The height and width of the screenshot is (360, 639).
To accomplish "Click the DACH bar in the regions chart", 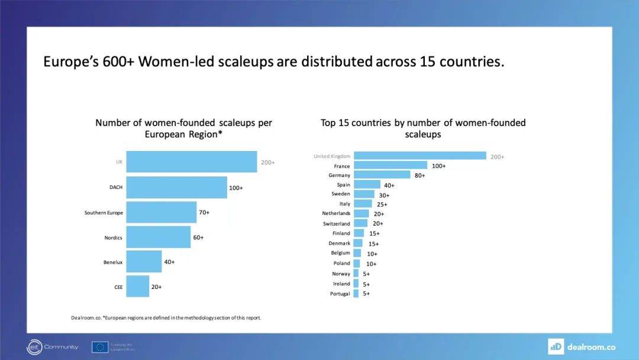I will point(176,187).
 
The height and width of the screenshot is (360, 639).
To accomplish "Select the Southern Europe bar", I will point(161,212).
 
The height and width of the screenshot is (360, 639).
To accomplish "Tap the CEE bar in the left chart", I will point(137,287).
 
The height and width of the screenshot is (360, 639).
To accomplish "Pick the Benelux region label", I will point(113,262).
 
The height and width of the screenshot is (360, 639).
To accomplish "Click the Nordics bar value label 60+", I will point(198,237).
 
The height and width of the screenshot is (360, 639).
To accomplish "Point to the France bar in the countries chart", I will point(390,165).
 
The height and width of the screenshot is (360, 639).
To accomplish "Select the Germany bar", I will point(382,175).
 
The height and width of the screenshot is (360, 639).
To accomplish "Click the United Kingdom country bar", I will point(419,156).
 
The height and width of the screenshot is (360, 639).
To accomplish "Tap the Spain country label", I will point(343,185).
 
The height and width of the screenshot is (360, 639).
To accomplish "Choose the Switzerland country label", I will point(336,224).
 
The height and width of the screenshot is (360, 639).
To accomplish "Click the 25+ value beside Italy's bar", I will point(382,204).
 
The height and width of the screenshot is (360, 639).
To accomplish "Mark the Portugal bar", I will point(356,294).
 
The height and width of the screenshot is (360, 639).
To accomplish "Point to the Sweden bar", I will point(364,194).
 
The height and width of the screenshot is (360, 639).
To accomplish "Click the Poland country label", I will point(341,263).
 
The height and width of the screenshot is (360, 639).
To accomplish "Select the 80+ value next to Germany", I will point(419,175).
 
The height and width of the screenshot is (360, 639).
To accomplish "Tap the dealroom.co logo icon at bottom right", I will point(556,346).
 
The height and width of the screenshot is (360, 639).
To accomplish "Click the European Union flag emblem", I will point(100,347).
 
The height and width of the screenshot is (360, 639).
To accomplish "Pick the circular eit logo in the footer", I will point(34,347).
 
